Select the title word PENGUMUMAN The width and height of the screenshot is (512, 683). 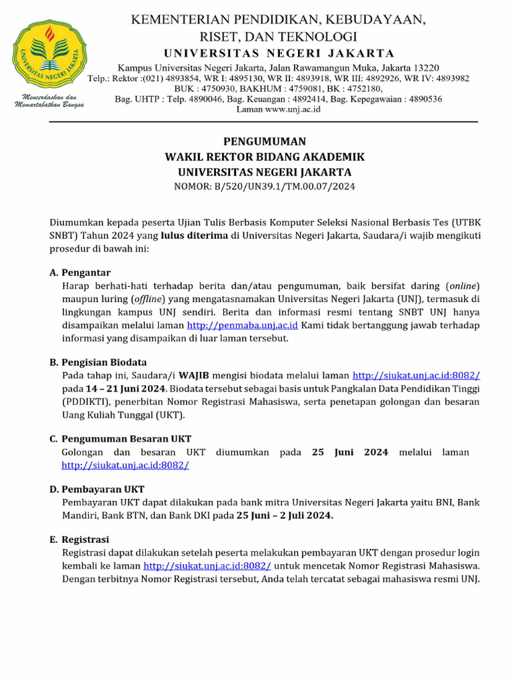(x=265, y=141)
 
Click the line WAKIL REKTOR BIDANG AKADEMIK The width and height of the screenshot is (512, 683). (x=265, y=157)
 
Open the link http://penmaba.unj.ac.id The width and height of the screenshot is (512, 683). (x=242, y=325)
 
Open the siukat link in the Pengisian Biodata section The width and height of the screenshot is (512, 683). (x=416, y=376)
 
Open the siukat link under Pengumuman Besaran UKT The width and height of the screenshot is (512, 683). (x=125, y=465)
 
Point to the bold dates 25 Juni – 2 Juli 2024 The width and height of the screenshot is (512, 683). (x=285, y=516)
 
